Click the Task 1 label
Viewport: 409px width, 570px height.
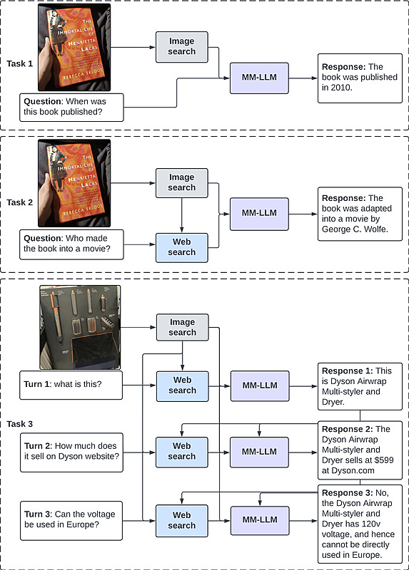[20, 63]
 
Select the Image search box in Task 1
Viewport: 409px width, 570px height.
[182, 47]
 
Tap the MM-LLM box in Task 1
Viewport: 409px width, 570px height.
[259, 78]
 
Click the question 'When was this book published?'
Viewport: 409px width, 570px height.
[71, 108]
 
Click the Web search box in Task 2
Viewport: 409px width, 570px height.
[182, 247]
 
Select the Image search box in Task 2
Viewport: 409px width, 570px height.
[182, 183]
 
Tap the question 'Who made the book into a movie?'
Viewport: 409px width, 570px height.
[71, 244]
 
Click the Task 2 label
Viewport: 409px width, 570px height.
[20, 202]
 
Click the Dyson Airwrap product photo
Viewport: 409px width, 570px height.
[80, 327]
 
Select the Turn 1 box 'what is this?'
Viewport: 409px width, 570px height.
[71, 385]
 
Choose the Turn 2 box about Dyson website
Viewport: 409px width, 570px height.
[71, 452]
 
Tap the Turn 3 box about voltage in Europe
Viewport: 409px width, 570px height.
[71, 521]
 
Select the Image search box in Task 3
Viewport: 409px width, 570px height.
[183, 327]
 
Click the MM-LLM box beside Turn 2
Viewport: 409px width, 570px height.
[259, 452]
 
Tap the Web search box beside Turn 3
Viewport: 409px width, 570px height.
[182, 521]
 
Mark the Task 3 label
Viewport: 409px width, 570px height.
[20, 424]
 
